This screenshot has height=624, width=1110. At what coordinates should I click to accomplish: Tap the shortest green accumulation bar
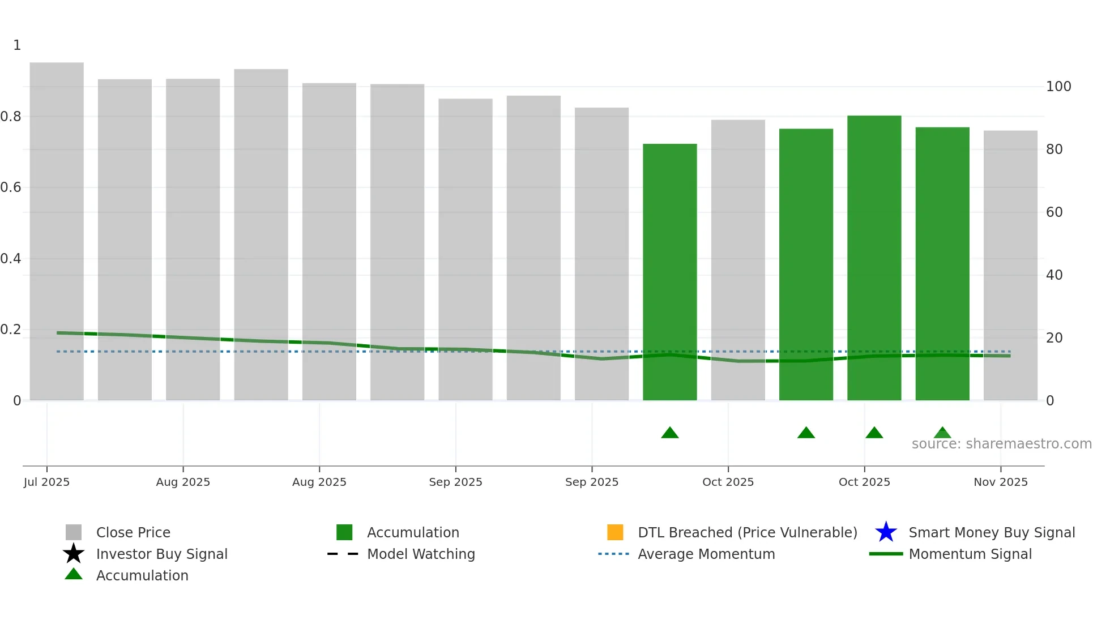(669, 272)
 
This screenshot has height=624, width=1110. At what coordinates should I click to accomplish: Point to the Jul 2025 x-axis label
(46, 482)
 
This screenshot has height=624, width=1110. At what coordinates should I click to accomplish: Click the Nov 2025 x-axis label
(1000, 482)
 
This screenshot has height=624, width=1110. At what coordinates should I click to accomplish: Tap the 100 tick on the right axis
(1058, 87)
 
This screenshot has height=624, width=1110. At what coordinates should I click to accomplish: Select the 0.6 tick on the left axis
(11, 187)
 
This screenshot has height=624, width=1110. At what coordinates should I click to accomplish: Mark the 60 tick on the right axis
(1054, 212)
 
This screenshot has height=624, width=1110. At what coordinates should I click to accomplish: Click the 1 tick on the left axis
(17, 45)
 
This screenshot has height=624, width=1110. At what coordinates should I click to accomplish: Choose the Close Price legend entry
(133, 532)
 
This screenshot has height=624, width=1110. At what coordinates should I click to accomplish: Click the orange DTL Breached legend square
(615, 532)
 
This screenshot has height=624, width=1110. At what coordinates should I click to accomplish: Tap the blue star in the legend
(886, 532)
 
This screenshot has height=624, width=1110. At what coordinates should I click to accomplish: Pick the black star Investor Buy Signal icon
(74, 554)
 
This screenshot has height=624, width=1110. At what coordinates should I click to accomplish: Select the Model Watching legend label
(421, 554)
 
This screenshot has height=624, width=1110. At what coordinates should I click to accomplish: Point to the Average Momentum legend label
(706, 554)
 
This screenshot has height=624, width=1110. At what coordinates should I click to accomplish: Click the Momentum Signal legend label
(970, 554)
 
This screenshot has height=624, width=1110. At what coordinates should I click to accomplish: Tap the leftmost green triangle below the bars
(669, 433)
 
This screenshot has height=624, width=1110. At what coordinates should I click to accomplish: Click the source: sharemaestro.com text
(1001, 444)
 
